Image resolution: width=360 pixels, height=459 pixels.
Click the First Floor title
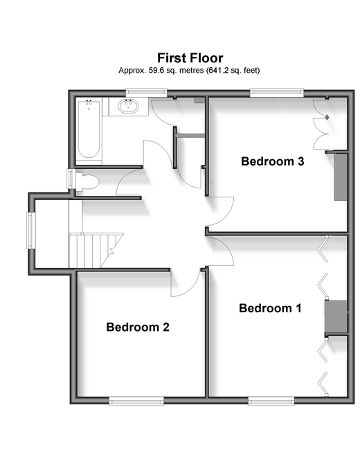tap(190, 58)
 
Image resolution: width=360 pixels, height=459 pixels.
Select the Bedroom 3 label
tap(273, 161)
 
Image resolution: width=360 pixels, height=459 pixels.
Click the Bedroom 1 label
tap(270, 308)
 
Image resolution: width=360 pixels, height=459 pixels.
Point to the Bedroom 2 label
tap(138, 327)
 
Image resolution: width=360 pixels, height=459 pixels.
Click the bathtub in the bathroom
tap(89, 129)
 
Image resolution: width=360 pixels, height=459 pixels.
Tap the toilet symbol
tap(87, 182)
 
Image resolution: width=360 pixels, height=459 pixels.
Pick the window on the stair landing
tap(31, 231)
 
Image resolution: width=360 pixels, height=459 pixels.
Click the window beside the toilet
tap(70, 179)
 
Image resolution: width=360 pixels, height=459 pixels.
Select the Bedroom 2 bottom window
tap(136, 401)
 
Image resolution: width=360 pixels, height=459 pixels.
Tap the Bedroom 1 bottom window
tap(271, 401)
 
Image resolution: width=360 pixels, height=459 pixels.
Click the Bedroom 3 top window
tap(277, 93)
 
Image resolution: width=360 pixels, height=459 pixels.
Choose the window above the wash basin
tap(146, 93)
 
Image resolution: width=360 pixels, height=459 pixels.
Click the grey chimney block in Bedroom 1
tap(336, 317)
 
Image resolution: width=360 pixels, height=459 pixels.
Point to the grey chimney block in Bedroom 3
tap(341, 177)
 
